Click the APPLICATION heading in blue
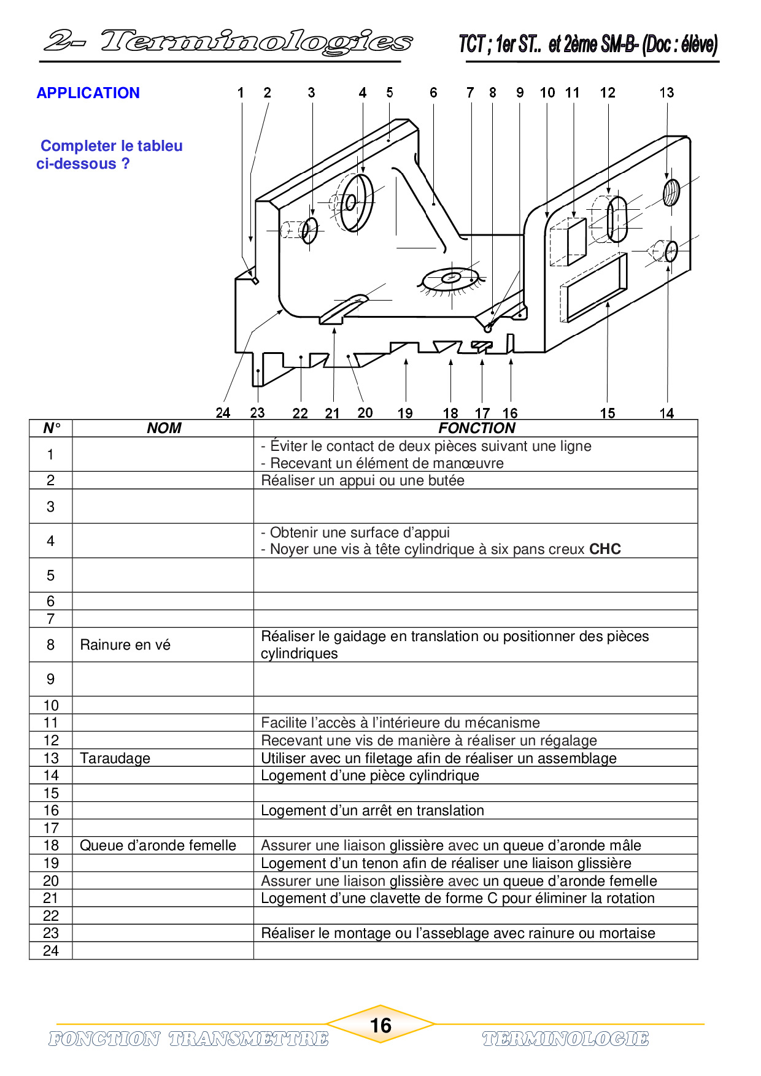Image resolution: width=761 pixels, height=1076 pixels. point(88,93)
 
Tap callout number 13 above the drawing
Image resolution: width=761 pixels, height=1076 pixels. point(666,93)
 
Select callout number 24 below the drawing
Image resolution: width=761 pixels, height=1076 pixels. point(223,413)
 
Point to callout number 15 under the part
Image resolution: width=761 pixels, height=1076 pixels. point(608,413)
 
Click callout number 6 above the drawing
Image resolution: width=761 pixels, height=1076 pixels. point(433,93)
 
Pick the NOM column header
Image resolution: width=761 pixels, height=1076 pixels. point(164,428)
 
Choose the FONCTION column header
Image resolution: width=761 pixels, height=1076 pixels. point(476,428)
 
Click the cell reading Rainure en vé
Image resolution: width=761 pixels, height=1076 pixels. point(125,645)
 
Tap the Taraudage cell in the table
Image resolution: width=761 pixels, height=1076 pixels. point(115,758)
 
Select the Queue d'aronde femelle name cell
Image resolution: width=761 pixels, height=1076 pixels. point(158,845)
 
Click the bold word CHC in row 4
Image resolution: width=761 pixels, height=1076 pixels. point(605,549)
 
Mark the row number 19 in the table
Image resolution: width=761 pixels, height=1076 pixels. point(51,863)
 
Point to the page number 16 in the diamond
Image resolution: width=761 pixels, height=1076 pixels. point(381,1025)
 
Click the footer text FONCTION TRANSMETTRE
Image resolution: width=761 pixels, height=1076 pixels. point(188,1039)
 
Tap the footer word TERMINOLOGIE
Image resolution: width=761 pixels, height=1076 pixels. point(565,1039)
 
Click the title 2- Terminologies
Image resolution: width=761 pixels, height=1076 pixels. point(228,42)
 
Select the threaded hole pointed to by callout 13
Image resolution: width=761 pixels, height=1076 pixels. point(671,192)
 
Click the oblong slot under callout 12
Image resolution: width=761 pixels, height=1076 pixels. point(617,219)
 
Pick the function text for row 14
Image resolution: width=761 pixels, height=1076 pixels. point(370,775)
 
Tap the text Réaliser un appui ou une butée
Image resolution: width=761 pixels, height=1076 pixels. point(363,480)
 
